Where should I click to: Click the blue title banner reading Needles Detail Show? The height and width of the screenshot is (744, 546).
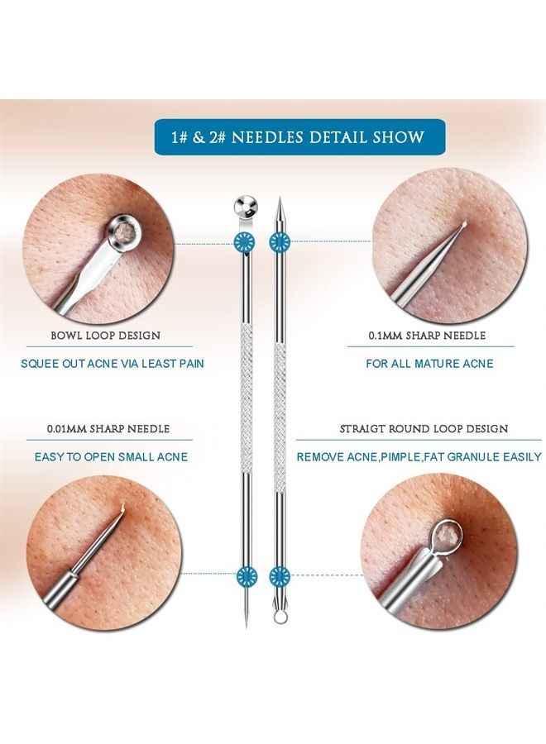pos(299,136)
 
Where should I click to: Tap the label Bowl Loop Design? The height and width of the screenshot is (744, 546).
pos(105,336)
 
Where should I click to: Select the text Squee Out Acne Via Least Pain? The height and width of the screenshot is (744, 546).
pos(113,364)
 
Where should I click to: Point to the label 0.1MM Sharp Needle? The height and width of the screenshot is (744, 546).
pos(428,336)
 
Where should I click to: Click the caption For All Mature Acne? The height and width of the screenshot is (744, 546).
pos(429,364)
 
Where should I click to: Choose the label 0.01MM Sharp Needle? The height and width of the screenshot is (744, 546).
pos(108,429)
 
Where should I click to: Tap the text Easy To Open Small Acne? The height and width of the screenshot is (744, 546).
pos(111,457)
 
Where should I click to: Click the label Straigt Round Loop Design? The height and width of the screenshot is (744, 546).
pos(424,429)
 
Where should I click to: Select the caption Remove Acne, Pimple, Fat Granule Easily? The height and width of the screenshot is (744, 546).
pos(419,457)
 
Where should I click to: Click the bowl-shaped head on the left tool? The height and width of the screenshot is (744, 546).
pos(246,206)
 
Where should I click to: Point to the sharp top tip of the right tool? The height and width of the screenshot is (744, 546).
pos(279,198)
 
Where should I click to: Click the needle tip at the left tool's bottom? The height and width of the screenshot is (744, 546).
pos(247,626)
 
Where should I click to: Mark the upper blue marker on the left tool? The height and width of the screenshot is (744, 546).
pos(245,242)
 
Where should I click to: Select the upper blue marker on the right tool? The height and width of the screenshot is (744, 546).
pos(280,242)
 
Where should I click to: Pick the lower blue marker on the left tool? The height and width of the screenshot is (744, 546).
pos(247,576)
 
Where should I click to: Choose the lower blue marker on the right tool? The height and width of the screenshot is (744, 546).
pos(280,576)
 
